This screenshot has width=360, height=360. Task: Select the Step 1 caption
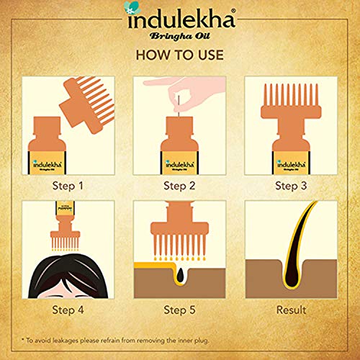[x=69, y=185]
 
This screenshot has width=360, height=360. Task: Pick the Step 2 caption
[x=180, y=185]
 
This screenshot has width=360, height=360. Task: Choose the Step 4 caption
[x=69, y=311]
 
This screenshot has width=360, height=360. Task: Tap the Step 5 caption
[x=180, y=311]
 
